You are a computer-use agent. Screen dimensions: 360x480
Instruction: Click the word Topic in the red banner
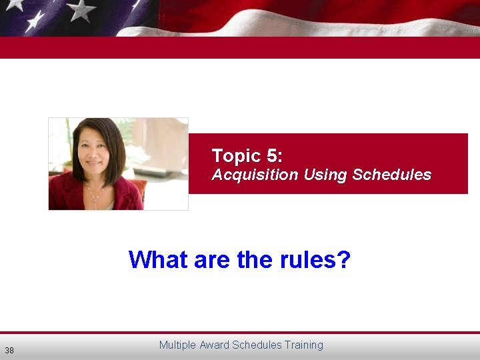click(x=235, y=157)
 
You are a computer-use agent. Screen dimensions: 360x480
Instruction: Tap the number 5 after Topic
click(x=273, y=156)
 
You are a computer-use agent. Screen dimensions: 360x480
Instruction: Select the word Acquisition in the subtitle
click(x=255, y=175)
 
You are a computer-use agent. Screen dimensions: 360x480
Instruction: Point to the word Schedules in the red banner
click(x=391, y=175)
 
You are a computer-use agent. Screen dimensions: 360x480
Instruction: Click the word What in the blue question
click(x=159, y=259)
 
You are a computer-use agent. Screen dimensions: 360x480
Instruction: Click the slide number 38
click(x=9, y=350)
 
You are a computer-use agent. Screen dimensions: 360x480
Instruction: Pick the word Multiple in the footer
click(x=177, y=345)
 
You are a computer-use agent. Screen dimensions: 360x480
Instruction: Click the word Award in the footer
click(x=213, y=345)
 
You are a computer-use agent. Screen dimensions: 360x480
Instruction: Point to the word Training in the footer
click(x=303, y=345)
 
